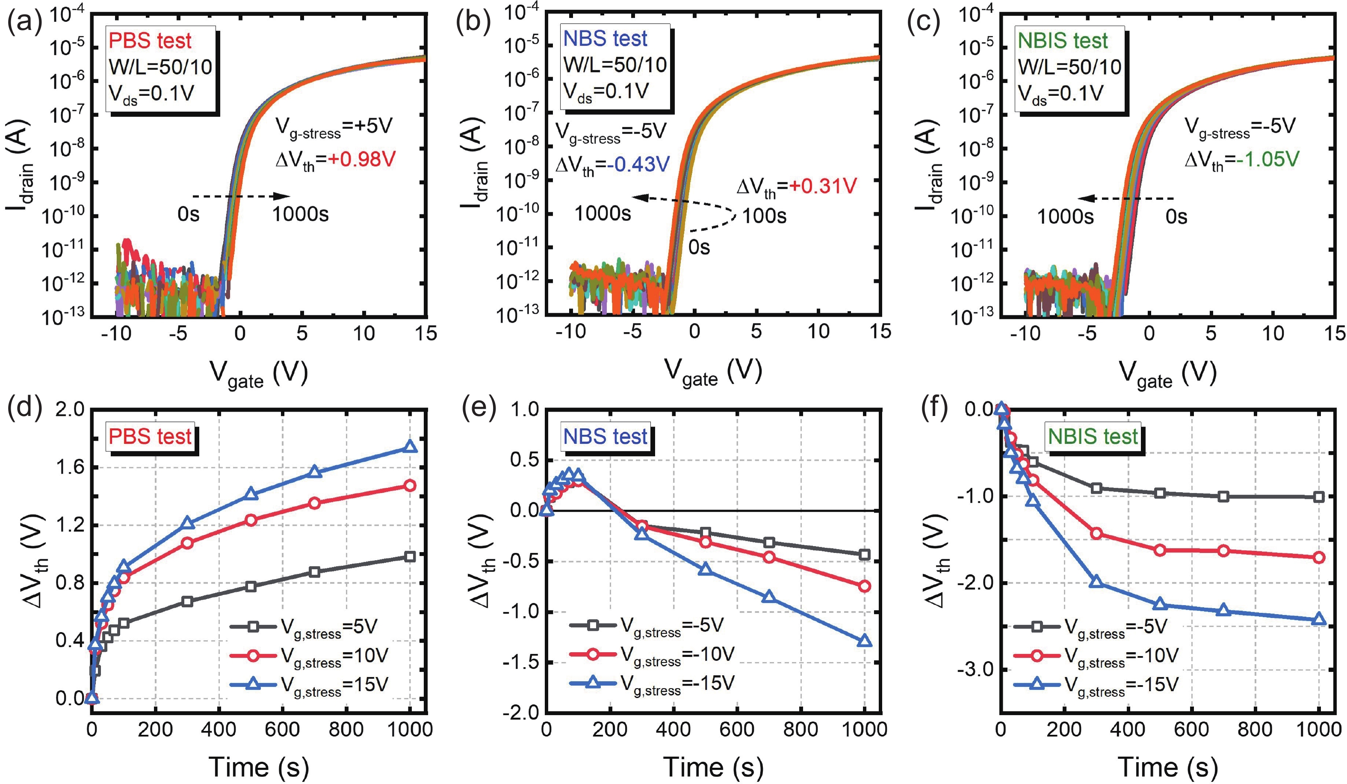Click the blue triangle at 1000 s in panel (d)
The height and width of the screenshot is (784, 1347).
(410, 446)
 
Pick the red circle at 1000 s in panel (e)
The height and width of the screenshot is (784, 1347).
(864, 586)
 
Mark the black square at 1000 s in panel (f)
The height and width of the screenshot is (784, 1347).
(1319, 497)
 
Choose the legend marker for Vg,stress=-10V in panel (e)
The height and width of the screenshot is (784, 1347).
(592, 653)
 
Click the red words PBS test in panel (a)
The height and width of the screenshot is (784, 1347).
(150, 41)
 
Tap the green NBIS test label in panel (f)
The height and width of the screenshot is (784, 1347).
(1093, 437)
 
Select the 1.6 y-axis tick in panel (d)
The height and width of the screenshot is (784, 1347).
(70, 467)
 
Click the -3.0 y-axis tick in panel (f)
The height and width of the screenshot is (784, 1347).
(979, 670)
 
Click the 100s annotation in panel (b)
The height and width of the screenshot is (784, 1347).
(764, 216)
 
